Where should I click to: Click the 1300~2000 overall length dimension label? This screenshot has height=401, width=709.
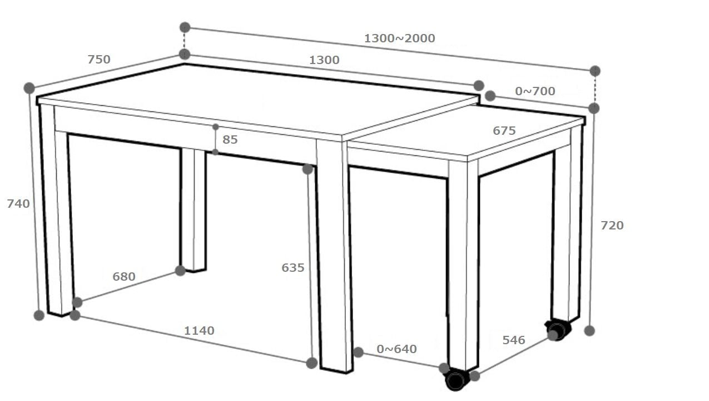tap(399, 38)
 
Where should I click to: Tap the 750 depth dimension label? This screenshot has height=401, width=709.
tap(99, 60)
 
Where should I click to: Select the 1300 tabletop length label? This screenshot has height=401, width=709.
tap(324, 60)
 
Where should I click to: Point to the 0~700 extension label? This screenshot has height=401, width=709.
tap(535, 91)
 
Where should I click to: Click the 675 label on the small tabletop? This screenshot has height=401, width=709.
tap(504, 130)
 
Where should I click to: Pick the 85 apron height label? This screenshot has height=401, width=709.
tap(230, 140)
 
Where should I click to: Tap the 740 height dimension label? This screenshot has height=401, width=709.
tap(18, 204)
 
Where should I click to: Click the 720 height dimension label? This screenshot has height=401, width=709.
tap(612, 226)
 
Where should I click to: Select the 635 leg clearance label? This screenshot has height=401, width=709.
tap(293, 268)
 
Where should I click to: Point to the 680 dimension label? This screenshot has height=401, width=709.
tap(124, 277)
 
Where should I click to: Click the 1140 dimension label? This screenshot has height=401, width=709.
tap(199, 331)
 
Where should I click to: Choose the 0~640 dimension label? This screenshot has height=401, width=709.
tap(396, 349)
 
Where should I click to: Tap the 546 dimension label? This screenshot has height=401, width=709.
tap(514, 340)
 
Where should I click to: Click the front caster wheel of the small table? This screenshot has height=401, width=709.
tap(456, 379)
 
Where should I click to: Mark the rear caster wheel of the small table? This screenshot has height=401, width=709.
tap(559, 330)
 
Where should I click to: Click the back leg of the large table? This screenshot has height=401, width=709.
tap(193, 210)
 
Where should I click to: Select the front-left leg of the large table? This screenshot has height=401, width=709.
tap(57, 209)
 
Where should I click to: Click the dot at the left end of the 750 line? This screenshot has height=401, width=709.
tap(29, 88)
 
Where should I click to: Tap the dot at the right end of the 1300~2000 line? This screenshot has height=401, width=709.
tap(595, 71)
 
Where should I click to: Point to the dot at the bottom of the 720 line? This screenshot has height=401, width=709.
tap(589, 331)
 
